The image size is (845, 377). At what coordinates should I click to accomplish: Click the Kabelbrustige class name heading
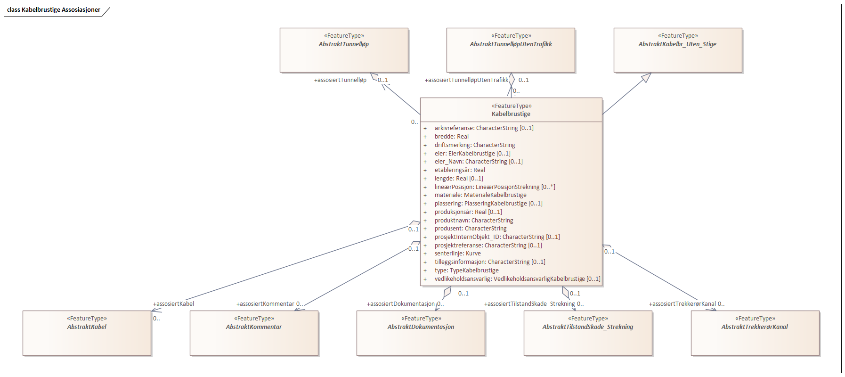click(x=511, y=114)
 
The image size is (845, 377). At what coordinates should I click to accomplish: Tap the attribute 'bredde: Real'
click(x=451, y=137)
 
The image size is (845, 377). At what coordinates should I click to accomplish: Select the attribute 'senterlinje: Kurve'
click(x=457, y=254)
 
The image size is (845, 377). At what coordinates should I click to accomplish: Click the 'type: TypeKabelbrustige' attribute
click(x=466, y=270)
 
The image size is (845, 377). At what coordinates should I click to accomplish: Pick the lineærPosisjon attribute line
click(x=495, y=187)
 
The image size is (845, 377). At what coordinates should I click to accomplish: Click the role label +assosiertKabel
click(x=173, y=304)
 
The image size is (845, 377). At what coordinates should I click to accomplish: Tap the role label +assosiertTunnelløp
click(x=340, y=80)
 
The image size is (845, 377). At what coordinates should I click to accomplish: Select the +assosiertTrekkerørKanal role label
click(x=682, y=304)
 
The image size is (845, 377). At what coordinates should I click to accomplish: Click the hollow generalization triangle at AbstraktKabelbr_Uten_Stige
click(x=646, y=77)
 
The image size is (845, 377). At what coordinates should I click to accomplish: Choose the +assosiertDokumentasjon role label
click(x=401, y=304)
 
